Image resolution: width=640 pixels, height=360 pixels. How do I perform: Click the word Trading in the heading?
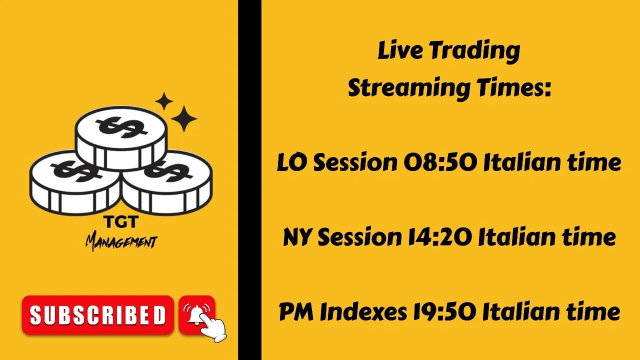(x=475, y=52)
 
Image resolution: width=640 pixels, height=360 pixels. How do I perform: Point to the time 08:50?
(x=440, y=162)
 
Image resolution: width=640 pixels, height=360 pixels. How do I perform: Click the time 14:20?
(x=439, y=237)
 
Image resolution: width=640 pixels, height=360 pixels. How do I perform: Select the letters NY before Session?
(x=297, y=237)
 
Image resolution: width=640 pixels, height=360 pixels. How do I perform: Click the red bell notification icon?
(x=196, y=314)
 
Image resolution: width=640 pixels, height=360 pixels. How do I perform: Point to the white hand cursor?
(x=212, y=327)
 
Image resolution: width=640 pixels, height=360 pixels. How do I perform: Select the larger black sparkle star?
(x=183, y=118)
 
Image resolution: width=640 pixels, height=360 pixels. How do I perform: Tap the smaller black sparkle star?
(x=164, y=101)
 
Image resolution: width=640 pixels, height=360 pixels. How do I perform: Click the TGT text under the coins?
(x=121, y=222)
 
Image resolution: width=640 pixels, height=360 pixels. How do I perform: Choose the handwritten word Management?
(x=121, y=243)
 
